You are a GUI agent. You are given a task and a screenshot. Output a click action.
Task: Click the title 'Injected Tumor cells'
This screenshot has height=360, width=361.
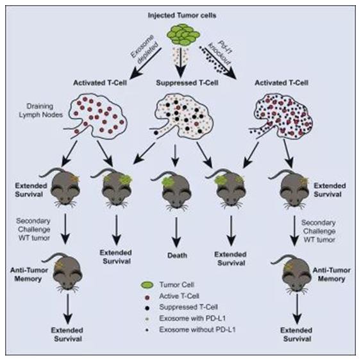tap(182, 15)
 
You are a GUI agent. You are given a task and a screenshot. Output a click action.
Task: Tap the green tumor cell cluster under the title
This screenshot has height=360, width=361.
tap(183, 35)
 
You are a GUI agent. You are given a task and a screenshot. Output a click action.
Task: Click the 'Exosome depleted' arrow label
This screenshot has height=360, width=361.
tap(144, 50)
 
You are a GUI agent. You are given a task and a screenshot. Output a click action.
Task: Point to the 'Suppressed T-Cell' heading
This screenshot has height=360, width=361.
tap(187, 83)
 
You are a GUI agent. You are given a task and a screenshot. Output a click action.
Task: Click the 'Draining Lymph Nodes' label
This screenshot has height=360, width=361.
tap(41, 110)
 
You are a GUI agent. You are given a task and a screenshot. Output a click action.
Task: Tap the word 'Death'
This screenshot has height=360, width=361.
tap(177, 256)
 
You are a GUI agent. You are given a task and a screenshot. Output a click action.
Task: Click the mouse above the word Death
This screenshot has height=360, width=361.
tap(176, 190)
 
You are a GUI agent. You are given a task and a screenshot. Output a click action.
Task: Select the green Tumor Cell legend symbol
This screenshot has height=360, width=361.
tap(147, 285)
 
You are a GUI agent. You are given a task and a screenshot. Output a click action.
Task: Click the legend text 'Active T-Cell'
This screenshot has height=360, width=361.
tap(179, 296)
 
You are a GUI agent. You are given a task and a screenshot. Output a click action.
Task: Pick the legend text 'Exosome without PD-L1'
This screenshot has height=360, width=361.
tap(197, 330)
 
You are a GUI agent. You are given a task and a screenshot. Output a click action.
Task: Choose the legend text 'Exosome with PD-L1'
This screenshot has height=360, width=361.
tap(192, 318)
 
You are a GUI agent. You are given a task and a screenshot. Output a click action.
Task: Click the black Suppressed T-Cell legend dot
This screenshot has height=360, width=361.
tap(147, 307)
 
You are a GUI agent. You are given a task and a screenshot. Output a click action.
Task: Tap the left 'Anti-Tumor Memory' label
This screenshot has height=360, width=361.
tap(29, 274)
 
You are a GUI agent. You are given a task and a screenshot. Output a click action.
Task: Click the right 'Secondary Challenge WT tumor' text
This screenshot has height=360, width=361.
tap(319, 231)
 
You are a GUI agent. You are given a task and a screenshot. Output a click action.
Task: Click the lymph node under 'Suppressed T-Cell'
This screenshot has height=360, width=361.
tap(181, 116)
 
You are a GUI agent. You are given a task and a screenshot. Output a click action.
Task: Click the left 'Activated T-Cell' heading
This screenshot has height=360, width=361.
tap(100, 83)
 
